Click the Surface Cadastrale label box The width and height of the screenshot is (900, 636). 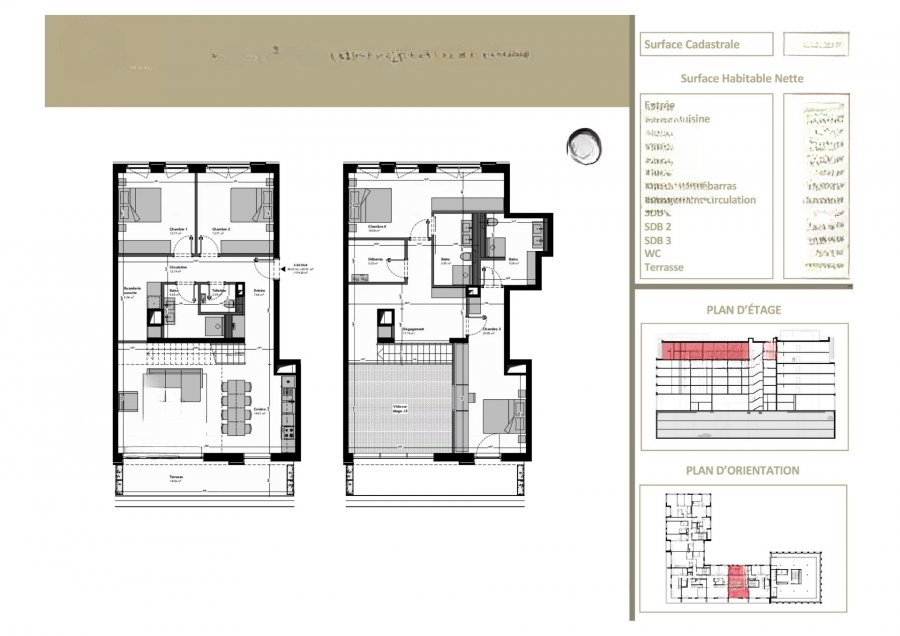coord(706,44)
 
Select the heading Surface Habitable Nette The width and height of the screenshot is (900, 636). coord(742,78)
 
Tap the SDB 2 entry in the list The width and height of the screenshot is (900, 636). coord(658,227)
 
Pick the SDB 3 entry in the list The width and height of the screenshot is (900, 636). coord(658,240)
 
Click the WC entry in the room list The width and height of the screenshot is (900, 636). coord(653,254)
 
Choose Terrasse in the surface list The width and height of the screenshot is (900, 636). coord(664,267)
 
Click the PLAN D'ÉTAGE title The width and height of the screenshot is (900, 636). coord(743,310)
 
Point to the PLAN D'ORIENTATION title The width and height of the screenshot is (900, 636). coord(743,470)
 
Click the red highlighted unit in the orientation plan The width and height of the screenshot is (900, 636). coord(737,582)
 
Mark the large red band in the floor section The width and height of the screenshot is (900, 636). coord(706,350)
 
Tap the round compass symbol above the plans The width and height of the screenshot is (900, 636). coord(584,147)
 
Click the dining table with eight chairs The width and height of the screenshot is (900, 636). coord(236,404)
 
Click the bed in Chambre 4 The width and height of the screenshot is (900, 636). coord(369,205)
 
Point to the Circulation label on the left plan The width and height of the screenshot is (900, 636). coord(179,268)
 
